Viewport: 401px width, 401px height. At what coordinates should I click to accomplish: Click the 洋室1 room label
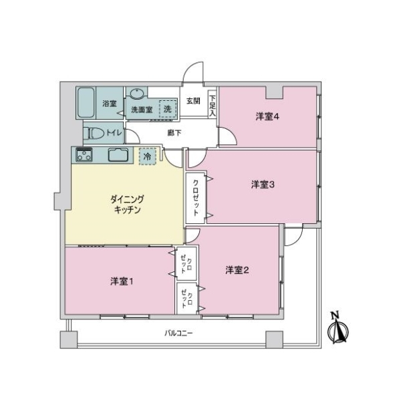point(122,281)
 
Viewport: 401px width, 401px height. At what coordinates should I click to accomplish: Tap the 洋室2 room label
point(237,270)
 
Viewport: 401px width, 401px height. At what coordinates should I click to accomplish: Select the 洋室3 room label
point(263,184)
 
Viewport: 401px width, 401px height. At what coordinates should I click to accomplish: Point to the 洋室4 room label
point(267,117)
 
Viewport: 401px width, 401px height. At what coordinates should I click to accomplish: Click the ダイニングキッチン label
point(127,205)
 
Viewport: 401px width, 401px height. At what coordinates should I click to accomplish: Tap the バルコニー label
point(178,333)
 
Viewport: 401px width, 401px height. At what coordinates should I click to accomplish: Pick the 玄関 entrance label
point(193,101)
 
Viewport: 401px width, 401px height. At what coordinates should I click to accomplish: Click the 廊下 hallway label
point(174,133)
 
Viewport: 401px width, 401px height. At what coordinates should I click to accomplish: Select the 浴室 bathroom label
point(110,104)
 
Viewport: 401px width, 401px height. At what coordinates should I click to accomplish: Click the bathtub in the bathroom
point(86,103)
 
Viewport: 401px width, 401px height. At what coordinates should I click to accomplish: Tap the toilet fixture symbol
point(96,133)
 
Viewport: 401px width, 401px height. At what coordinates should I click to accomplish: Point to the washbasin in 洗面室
point(137,94)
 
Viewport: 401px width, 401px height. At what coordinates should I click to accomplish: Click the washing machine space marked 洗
point(168,109)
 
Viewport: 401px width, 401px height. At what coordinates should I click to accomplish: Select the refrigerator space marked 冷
point(147,156)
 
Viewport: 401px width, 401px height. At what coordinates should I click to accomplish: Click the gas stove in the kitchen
point(84,154)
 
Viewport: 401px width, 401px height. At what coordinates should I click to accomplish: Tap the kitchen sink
point(118,155)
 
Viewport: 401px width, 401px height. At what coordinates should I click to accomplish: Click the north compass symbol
point(338,328)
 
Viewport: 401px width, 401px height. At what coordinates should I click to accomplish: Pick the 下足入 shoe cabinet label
point(213,106)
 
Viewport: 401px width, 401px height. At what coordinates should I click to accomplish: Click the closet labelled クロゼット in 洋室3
point(196,198)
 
